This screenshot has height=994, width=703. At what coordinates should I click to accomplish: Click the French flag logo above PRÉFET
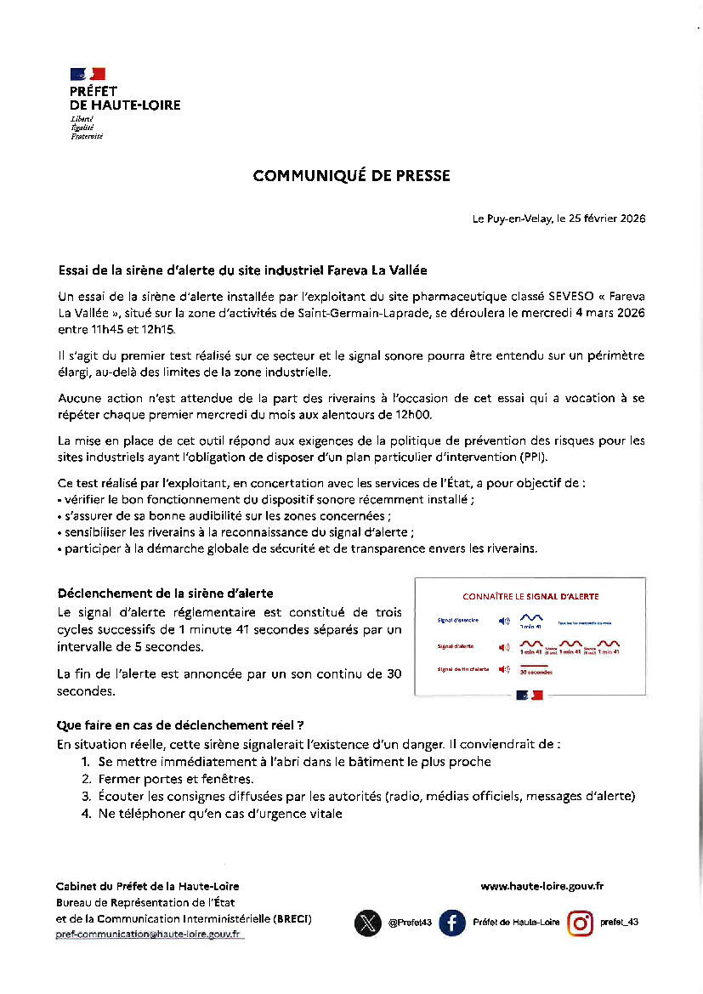tap(88, 74)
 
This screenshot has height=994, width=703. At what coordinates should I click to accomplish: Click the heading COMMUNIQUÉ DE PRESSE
tap(351, 176)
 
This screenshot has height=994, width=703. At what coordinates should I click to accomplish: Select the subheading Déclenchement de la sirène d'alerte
tap(165, 594)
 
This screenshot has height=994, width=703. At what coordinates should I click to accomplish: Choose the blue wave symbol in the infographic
tap(531, 618)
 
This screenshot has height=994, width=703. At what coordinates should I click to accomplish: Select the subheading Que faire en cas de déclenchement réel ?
tap(180, 726)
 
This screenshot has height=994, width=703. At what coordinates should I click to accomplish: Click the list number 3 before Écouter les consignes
tap(86, 797)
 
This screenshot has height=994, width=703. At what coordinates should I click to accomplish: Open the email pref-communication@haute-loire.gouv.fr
tap(148, 934)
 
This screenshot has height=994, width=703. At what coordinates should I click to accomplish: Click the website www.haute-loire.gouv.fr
tap(541, 886)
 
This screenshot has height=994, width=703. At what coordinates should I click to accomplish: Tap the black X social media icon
tap(367, 923)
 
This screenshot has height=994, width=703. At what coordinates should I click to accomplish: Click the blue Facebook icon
tap(452, 923)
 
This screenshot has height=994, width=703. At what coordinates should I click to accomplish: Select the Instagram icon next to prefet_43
tap(580, 923)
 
